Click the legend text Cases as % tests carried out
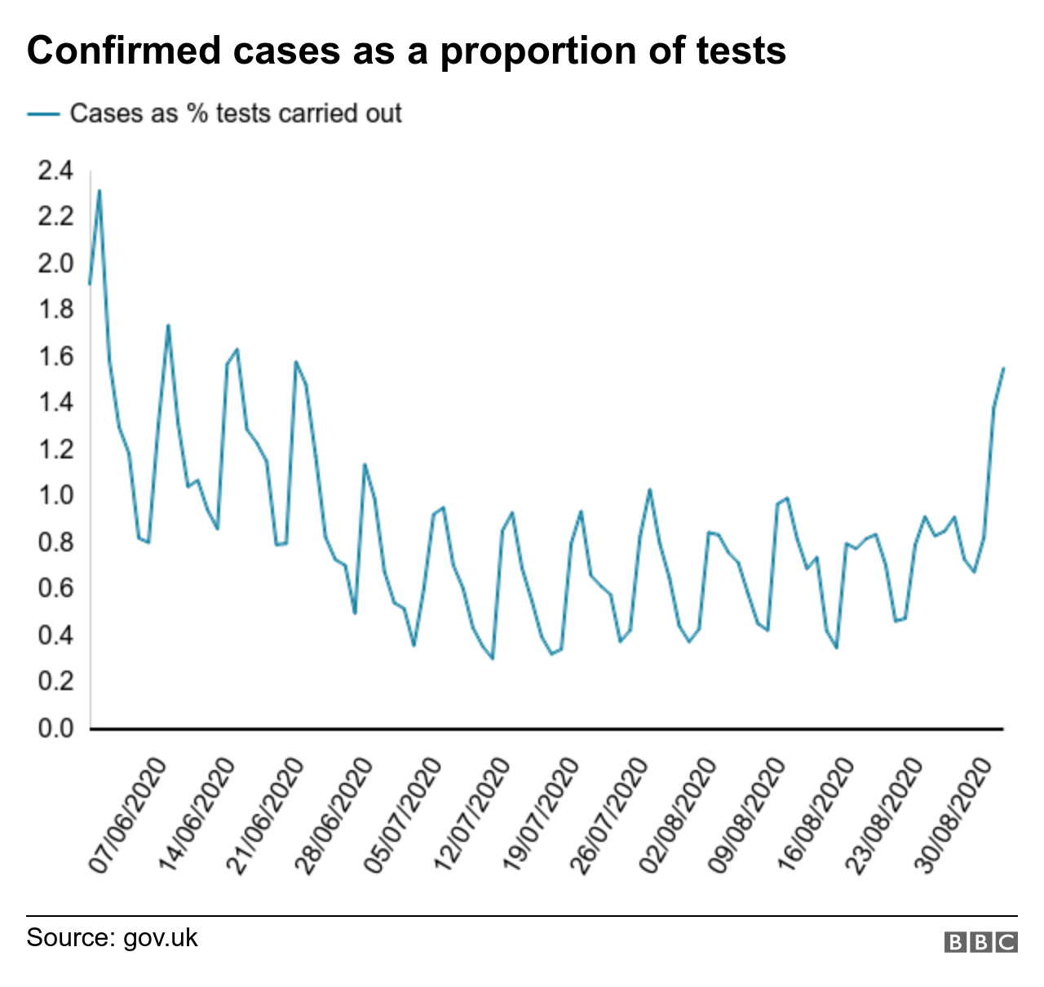pos(236,113)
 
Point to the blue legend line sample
pos(43,114)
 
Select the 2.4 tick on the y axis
pos(55,170)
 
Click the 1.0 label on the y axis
pos(55,495)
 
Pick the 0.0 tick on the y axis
pos(55,728)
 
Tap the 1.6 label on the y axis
pos(55,356)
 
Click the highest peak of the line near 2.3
pos(100,190)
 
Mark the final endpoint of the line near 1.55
pos(1003,368)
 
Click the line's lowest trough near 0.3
pos(493,658)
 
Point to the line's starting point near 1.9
pos(90,284)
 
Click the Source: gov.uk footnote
pos(112,937)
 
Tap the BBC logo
pos(981,942)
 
